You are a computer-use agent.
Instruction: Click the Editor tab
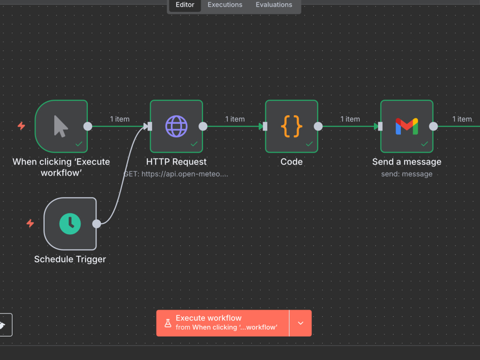[185, 5]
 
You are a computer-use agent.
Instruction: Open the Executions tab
[225, 5]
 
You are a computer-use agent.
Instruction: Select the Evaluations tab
[274, 5]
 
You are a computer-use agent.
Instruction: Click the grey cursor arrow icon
[60, 126]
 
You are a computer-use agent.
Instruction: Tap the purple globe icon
[176, 126]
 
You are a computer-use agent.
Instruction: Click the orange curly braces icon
[291, 126]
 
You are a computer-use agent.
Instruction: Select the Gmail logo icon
[407, 126]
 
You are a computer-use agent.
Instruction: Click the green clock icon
[70, 224]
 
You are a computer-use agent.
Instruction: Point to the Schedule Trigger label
[70, 259]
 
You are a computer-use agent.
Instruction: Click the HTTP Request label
[176, 162]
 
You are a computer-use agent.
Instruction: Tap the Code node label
[291, 162]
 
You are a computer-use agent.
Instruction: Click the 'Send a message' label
[407, 162]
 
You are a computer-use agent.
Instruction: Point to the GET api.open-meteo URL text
[176, 174]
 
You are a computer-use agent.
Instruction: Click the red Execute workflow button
[223, 323]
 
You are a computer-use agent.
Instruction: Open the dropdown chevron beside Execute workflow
[300, 323]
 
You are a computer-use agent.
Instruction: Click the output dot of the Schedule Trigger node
[96, 224]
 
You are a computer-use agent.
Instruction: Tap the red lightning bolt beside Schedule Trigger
[30, 224]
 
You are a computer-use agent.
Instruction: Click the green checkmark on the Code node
[309, 144]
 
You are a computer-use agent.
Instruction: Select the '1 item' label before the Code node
[235, 119]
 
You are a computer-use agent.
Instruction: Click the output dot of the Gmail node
[433, 126]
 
